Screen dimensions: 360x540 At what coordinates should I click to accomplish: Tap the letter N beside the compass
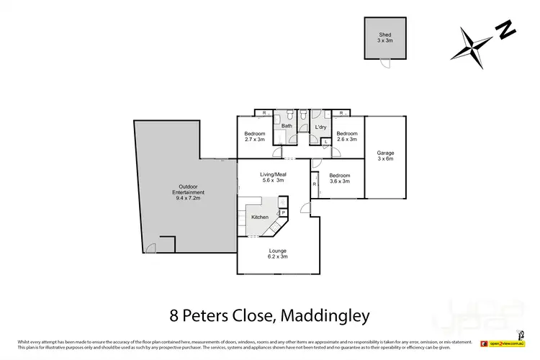coord(506,30)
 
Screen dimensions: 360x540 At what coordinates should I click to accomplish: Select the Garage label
coord(385,156)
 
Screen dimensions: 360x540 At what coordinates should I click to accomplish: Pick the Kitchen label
coord(259,217)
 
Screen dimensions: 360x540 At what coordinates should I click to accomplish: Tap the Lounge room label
coord(277,253)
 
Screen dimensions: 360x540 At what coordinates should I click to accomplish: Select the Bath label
coord(287,127)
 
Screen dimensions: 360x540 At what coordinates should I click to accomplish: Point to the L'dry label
coord(321,127)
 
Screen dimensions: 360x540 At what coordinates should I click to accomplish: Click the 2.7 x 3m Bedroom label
coord(255,137)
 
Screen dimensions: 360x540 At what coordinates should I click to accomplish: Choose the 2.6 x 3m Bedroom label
coord(347,136)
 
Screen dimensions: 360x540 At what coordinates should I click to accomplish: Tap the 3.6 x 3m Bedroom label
coord(340,179)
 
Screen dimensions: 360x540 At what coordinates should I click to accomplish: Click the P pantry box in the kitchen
coord(284,212)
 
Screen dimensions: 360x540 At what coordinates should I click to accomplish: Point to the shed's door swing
coord(386,63)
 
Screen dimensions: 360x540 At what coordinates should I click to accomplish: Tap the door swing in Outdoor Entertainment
coord(150,248)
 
